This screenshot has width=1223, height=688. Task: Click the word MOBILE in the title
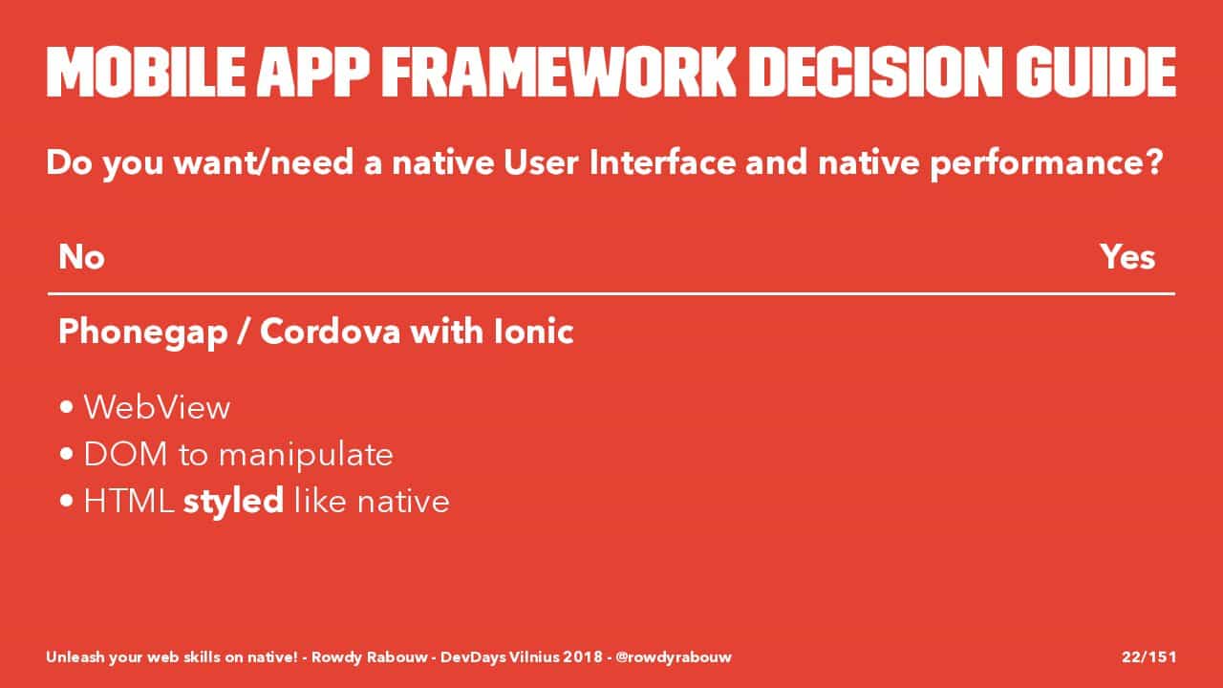click(x=146, y=73)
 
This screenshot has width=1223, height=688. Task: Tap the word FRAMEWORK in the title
click(x=559, y=73)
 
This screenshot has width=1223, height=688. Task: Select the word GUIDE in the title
click(x=1096, y=73)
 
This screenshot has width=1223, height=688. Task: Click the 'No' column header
click(x=81, y=257)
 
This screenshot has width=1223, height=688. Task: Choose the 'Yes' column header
click(x=1127, y=257)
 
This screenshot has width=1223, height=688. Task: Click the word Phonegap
click(x=143, y=333)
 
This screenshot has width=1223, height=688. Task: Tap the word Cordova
click(x=331, y=332)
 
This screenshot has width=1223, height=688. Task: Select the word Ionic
click(x=533, y=332)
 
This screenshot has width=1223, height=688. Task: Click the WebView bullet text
click(x=157, y=407)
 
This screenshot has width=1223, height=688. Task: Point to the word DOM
click(x=125, y=454)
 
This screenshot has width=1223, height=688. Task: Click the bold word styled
click(x=233, y=502)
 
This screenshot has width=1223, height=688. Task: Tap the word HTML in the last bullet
click(x=129, y=501)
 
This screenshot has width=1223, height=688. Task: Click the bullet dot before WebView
click(x=67, y=407)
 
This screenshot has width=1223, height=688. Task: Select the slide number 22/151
click(x=1148, y=656)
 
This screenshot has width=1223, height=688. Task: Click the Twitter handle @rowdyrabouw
click(x=674, y=656)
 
